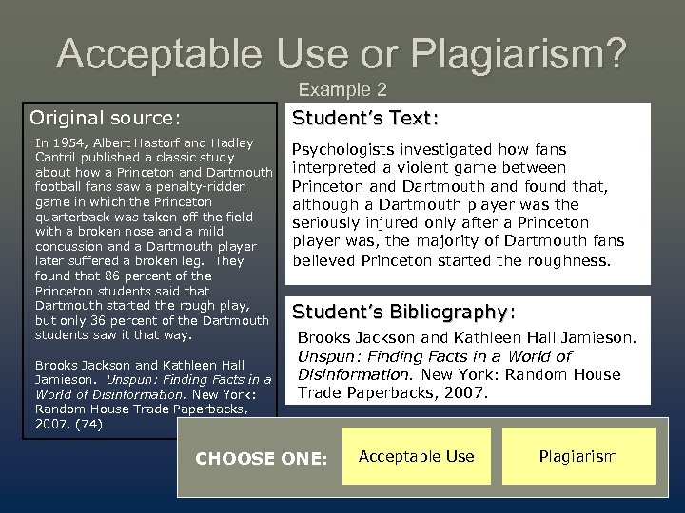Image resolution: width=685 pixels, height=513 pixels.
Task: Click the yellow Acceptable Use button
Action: pos(418,456)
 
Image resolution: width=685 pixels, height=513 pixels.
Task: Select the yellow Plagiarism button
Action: pos(578,456)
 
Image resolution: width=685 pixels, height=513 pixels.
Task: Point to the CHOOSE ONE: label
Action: pos(261,458)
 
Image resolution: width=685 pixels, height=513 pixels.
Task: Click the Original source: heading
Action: pos(104,118)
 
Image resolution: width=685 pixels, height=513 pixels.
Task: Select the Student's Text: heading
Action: pos(365,119)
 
